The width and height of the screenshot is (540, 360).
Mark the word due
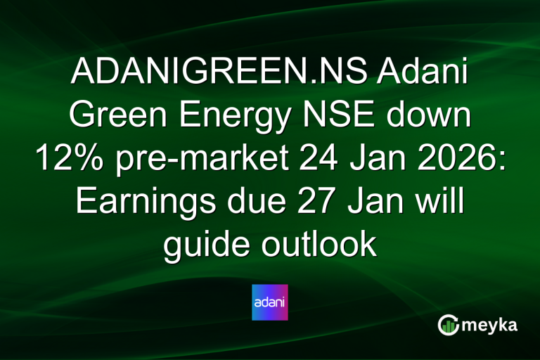(x=247, y=203)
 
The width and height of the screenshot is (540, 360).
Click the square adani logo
(x=270, y=302)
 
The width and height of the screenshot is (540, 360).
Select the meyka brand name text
(x=493, y=326)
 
